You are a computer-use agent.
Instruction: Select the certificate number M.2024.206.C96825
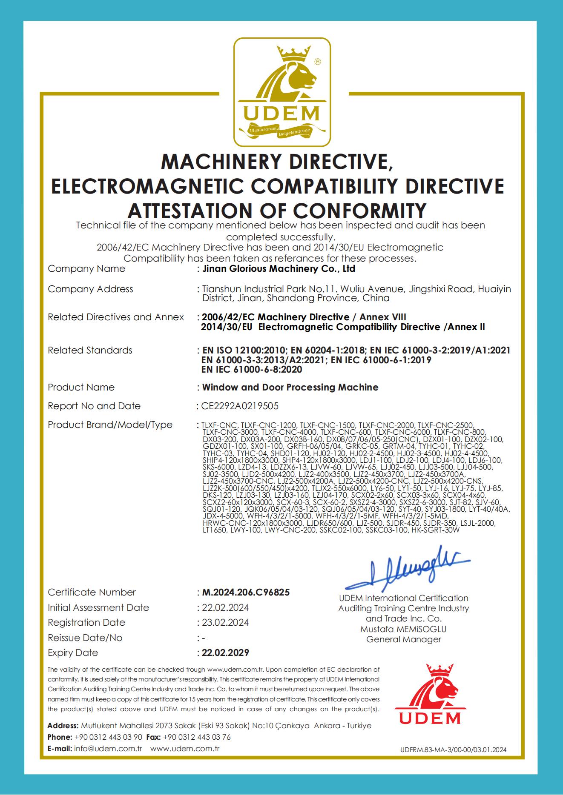[x=246, y=592]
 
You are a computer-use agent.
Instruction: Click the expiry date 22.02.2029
[x=226, y=653]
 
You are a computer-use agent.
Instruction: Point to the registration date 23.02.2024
[x=225, y=622]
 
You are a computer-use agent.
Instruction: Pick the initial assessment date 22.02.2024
[x=225, y=607]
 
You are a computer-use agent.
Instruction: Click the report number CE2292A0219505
[x=240, y=406]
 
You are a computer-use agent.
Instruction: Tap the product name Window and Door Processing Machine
[x=290, y=387]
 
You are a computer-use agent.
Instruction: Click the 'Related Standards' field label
[x=90, y=350]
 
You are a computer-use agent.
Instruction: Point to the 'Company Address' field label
[x=90, y=289]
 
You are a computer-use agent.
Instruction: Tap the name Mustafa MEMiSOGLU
[x=403, y=629]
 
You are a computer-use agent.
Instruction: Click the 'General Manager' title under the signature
[x=403, y=639]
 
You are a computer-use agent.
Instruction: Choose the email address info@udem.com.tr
[x=108, y=749]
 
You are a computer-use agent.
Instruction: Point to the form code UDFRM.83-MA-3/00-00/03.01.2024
[x=454, y=750]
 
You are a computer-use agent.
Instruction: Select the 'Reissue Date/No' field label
[x=85, y=638]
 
